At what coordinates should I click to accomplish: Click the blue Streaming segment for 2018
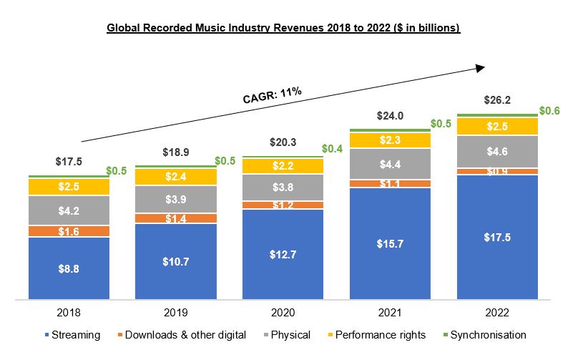[69, 268]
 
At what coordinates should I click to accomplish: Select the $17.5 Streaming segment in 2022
[497, 237]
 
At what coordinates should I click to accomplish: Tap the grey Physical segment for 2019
[176, 199]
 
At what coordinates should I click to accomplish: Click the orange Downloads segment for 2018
[69, 231]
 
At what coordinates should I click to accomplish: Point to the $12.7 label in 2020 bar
[283, 254]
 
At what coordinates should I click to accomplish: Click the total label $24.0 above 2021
[390, 115]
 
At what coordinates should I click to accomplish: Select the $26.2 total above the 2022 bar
[497, 100]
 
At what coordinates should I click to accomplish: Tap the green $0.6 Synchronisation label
[550, 110]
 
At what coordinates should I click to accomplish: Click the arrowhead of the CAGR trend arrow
[480, 67]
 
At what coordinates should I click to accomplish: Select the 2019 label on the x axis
[176, 312]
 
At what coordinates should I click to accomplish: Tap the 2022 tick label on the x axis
[497, 312]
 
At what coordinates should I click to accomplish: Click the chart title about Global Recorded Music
[283, 28]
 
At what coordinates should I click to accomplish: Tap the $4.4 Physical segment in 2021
[390, 164]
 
